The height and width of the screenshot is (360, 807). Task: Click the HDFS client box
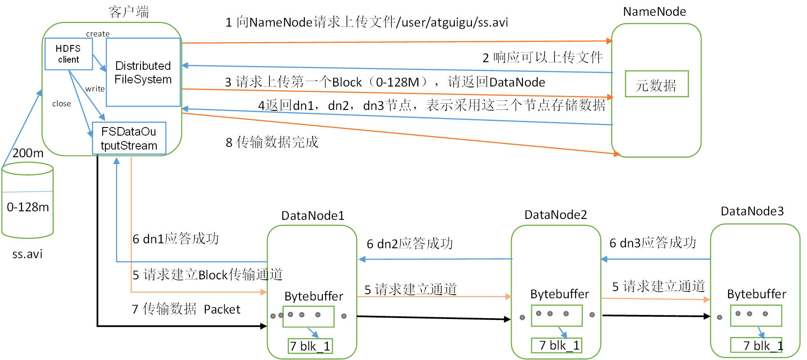click(68, 54)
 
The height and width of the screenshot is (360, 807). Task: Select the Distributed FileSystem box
click(143, 73)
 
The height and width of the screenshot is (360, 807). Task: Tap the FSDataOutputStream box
click(129, 138)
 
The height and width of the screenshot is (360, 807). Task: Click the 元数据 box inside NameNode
click(657, 84)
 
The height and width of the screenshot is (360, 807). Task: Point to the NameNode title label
click(654, 12)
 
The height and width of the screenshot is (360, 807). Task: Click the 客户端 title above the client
click(129, 12)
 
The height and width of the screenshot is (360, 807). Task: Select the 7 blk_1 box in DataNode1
click(310, 346)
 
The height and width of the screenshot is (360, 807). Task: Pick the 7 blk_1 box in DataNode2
click(557, 345)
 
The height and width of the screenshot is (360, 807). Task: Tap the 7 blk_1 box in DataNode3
click(757, 345)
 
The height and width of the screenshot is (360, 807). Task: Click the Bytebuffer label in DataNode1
click(313, 296)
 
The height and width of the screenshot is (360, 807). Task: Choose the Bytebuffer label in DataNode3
click(757, 294)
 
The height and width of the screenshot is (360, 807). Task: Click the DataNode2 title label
click(556, 215)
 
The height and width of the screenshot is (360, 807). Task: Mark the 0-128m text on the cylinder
click(28, 207)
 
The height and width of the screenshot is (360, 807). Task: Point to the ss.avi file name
click(27, 254)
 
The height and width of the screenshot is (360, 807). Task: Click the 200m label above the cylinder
click(28, 153)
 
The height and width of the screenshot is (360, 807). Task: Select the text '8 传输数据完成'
click(272, 142)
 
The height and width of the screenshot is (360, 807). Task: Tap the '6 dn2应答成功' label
click(410, 244)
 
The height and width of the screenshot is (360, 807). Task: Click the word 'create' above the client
click(98, 34)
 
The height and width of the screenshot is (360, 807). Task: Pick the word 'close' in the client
click(62, 104)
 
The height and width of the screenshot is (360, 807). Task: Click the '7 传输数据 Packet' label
click(186, 309)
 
